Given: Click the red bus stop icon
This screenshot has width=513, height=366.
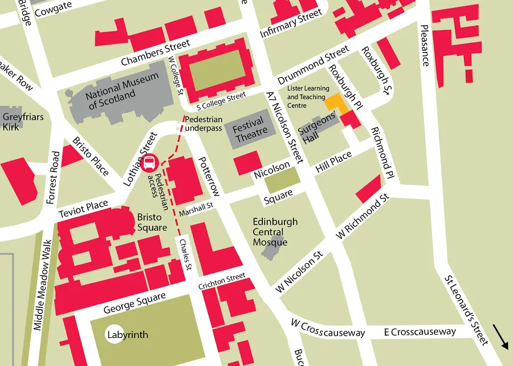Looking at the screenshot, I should (x=150, y=163).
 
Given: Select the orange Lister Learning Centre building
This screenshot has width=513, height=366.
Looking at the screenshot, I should (x=336, y=103).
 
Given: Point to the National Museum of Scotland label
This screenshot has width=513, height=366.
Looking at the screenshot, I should (x=115, y=93).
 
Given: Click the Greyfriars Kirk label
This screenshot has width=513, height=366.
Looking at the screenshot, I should (x=19, y=121).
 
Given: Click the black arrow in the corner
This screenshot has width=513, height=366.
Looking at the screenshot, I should (x=500, y=336).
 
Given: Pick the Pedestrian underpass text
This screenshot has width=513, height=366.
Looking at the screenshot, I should (x=203, y=124).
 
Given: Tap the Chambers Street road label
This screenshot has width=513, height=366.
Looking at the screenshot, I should (x=155, y=54).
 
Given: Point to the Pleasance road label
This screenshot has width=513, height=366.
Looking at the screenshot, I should (x=424, y=46).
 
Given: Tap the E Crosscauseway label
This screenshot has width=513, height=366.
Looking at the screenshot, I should (x=420, y=331).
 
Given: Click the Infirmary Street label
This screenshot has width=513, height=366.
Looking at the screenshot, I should (x=291, y=25).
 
